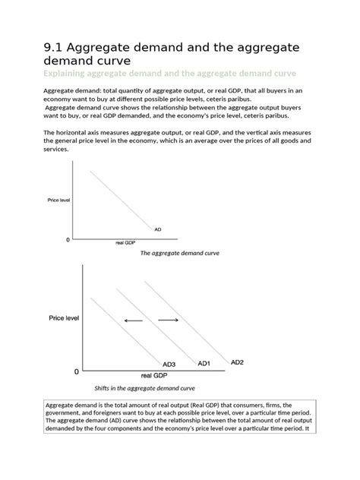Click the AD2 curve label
(238, 362)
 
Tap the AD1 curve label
(204, 364)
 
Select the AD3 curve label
(169, 365)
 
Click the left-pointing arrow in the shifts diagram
(133, 321)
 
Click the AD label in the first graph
(157, 229)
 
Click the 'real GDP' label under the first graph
(125, 243)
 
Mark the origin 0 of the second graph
(75, 372)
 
